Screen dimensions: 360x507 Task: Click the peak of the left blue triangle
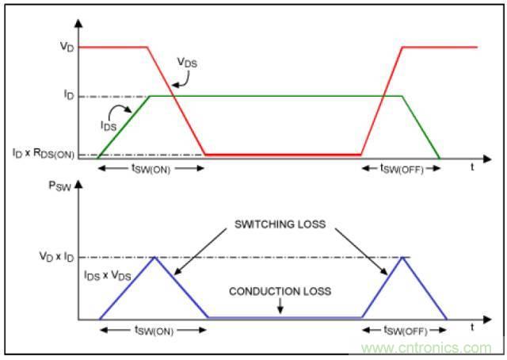[x=154, y=258]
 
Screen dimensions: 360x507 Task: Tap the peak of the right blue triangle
[x=405, y=258]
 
